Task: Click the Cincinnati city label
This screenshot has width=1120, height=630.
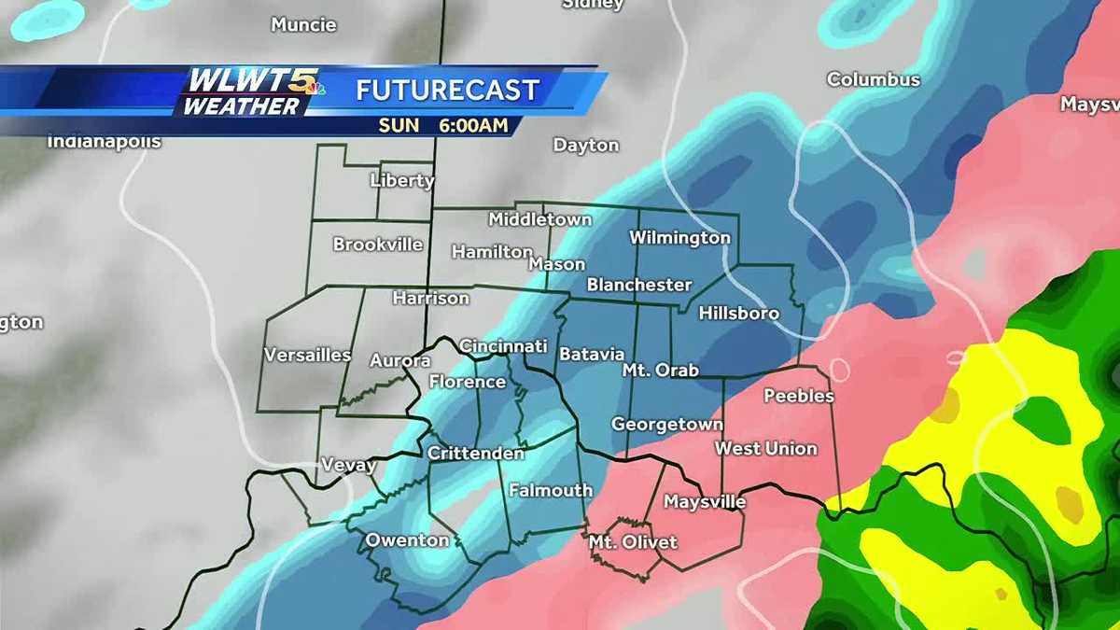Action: [x=503, y=346]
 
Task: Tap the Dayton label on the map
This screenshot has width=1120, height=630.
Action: [x=586, y=146]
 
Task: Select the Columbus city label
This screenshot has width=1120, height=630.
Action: [x=873, y=80]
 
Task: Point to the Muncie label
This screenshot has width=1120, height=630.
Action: [x=303, y=25]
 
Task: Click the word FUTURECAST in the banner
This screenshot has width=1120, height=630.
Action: [x=448, y=91]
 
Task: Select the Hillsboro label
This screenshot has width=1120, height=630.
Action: [x=738, y=314]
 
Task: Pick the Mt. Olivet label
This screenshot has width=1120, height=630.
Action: [x=633, y=542]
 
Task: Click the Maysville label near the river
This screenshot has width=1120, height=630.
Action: [x=705, y=502]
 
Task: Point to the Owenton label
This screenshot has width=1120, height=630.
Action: [x=407, y=540]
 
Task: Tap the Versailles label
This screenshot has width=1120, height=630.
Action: [x=307, y=356]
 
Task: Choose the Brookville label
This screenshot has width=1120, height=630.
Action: [x=378, y=245]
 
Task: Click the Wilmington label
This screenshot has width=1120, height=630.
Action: [x=679, y=238]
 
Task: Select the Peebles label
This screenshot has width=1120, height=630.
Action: [x=799, y=396]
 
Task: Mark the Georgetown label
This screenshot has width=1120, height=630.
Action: [x=666, y=425]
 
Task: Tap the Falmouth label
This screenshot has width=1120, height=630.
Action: [x=551, y=490]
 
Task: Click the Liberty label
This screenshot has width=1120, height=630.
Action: [x=402, y=180]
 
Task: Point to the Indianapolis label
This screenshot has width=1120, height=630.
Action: [x=105, y=143]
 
